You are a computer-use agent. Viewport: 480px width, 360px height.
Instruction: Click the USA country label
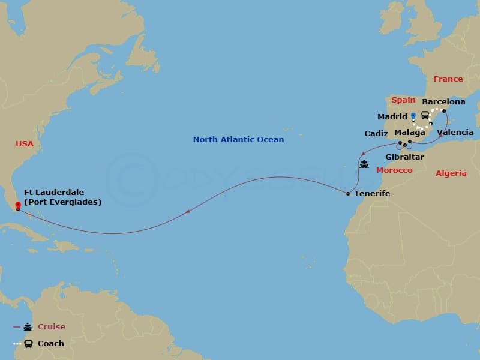coord(25,144)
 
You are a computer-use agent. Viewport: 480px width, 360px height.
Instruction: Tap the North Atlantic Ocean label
coord(238,140)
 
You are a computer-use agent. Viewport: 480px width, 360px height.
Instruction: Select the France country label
coord(448,79)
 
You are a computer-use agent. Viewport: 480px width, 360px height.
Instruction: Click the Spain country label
coord(403,100)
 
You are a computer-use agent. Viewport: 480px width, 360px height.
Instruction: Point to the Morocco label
coord(394,170)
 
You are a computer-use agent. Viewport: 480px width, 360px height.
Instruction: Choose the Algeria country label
coord(451,173)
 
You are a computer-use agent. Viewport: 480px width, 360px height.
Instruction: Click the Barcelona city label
coord(443,102)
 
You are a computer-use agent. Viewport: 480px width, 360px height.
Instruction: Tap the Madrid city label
coord(392,116)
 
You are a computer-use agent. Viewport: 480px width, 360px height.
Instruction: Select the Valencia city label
coord(455,132)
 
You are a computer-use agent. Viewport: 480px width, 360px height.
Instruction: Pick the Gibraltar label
coord(404,157)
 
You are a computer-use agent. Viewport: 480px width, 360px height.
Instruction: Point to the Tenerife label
coord(372,194)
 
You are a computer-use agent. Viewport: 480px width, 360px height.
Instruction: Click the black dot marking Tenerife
coord(348,193)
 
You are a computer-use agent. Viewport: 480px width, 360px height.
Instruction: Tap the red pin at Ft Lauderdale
coord(18,205)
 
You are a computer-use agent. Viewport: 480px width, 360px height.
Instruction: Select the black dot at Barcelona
coord(444,112)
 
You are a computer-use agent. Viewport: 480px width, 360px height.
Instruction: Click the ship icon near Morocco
coord(364,163)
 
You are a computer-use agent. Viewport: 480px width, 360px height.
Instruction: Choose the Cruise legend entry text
coord(51,327)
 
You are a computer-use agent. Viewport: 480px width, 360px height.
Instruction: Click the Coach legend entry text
coord(50,344)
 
